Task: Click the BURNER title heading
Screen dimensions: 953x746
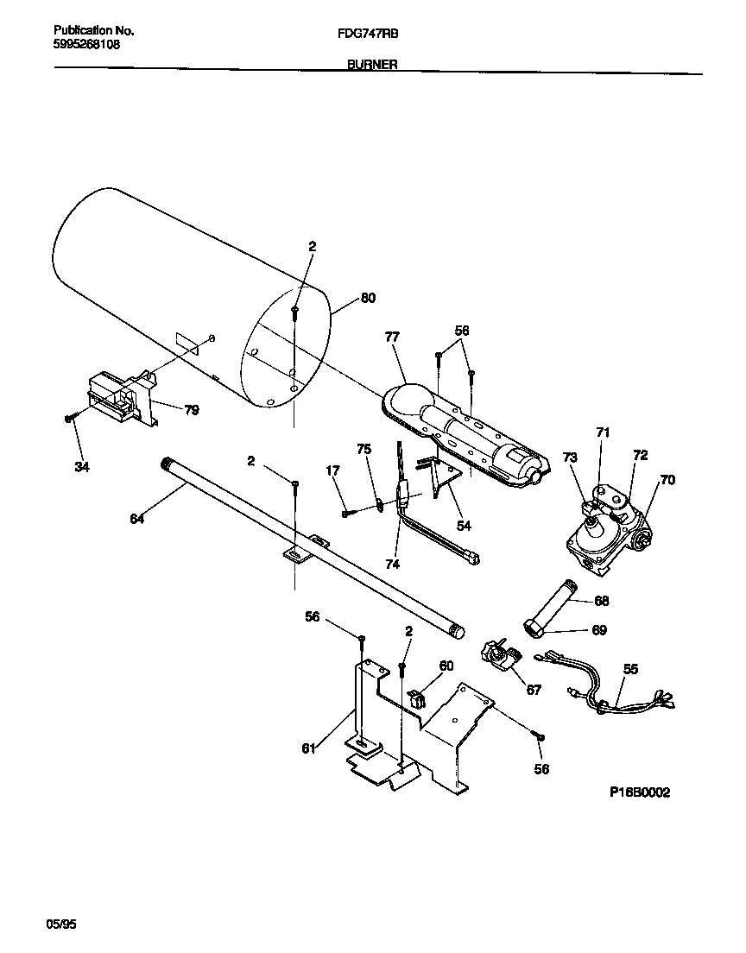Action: (x=372, y=64)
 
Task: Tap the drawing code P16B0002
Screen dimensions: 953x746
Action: (x=639, y=792)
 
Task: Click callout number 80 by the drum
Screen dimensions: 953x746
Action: (x=368, y=299)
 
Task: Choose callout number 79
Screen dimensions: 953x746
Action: (x=191, y=410)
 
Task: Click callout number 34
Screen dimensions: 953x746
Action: (x=82, y=467)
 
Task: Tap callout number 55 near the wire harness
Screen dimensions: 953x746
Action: (x=630, y=668)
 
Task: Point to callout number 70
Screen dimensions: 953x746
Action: (x=667, y=480)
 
